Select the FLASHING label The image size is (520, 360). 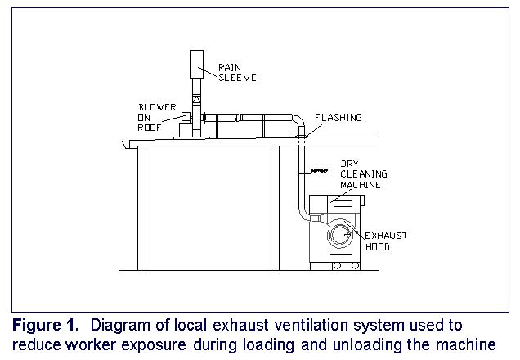[x=338, y=118]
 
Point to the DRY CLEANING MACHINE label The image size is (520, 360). [x=363, y=175]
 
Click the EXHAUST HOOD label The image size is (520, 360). [x=383, y=241]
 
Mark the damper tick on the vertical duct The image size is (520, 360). [x=302, y=171]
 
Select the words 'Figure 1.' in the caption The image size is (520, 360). [x=42, y=325]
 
